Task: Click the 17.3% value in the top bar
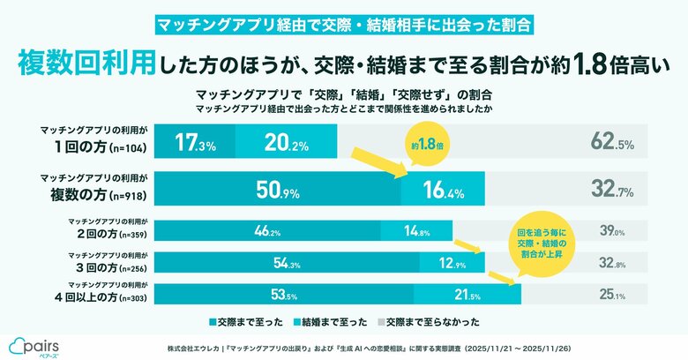point(195,140)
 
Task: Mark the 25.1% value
point(612,293)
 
